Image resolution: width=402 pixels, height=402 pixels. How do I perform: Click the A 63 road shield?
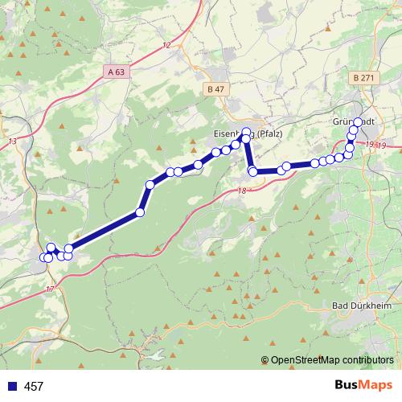pyautogui.click(x=116, y=72)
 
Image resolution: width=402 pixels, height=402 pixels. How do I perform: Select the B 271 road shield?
pyautogui.click(x=363, y=77)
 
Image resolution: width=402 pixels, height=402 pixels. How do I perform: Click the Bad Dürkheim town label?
pyautogui.click(x=363, y=306)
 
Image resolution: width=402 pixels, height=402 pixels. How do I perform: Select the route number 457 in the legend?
pyautogui.click(x=34, y=387)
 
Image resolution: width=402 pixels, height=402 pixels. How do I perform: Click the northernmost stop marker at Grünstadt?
pyautogui.click(x=358, y=122)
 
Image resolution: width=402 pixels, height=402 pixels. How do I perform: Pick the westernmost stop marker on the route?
pyautogui.click(x=44, y=257)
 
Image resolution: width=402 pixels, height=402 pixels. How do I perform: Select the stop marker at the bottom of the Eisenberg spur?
pyautogui.click(x=252, y=171)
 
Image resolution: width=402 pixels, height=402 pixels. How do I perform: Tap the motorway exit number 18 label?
pyautogui.click(x=242, y=190)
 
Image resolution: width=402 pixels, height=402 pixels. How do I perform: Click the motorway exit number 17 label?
pyautogui.click(x=50, y=289)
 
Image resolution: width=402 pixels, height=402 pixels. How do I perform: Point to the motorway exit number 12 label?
pyautogui.click(x=166, y=44)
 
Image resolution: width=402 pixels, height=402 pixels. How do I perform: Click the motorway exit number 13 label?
pyautogui.click(x=11, y=142)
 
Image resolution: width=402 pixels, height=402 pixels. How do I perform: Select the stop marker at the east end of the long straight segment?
pyautogui.click(x=140, y=212)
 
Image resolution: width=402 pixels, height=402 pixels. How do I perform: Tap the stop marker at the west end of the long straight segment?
pyautogui.click(x=69, y=248)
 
